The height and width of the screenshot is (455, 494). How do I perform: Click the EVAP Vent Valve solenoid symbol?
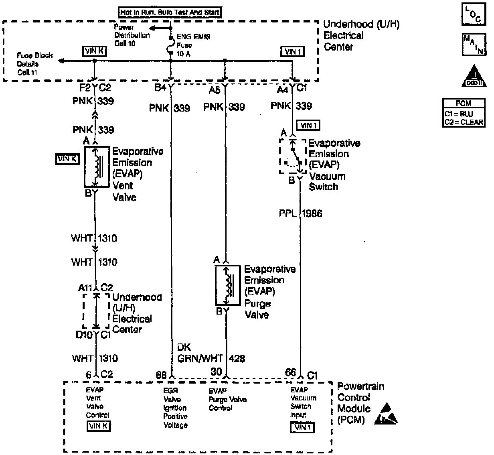[96, 167]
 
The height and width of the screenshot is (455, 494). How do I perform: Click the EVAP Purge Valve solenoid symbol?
[227, 285]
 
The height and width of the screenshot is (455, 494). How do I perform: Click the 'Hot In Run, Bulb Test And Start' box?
[170, 12]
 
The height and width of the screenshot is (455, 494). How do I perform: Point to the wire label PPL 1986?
[300, 213]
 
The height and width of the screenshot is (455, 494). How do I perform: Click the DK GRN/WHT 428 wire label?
[211, 353]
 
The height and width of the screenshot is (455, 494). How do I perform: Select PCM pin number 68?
[161, 374]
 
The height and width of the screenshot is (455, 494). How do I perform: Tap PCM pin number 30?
[216, 372]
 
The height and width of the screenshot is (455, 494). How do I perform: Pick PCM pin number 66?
[290, 372]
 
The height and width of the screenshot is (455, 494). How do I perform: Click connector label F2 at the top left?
[84, 88]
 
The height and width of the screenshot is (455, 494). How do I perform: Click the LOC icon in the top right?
[473, 15]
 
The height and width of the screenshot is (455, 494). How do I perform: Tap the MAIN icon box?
[474, 44]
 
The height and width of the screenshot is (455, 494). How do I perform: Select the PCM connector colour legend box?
[464, 113]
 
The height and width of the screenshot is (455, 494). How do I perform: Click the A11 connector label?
[85, 288]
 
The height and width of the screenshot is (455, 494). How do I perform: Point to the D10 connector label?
[84, 334]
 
